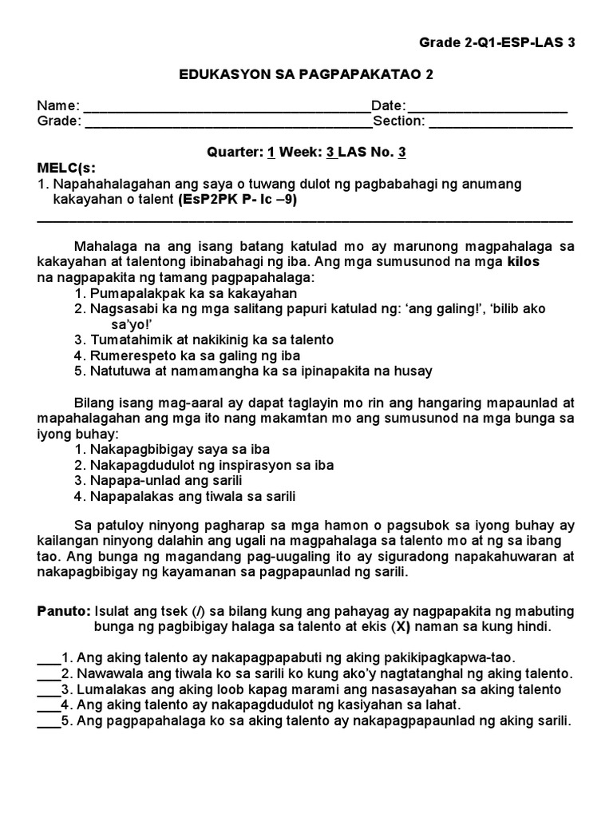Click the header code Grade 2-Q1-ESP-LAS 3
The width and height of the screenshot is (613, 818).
[496, 44]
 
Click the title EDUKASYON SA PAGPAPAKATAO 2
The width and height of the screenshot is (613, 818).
[306, 74]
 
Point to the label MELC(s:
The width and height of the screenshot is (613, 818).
[66, 168]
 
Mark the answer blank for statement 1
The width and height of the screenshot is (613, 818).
[49, 660]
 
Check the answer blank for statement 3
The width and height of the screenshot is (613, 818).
[49, 690]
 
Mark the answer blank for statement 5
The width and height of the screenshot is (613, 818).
[49, 721]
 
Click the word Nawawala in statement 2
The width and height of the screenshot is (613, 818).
[108, 674]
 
